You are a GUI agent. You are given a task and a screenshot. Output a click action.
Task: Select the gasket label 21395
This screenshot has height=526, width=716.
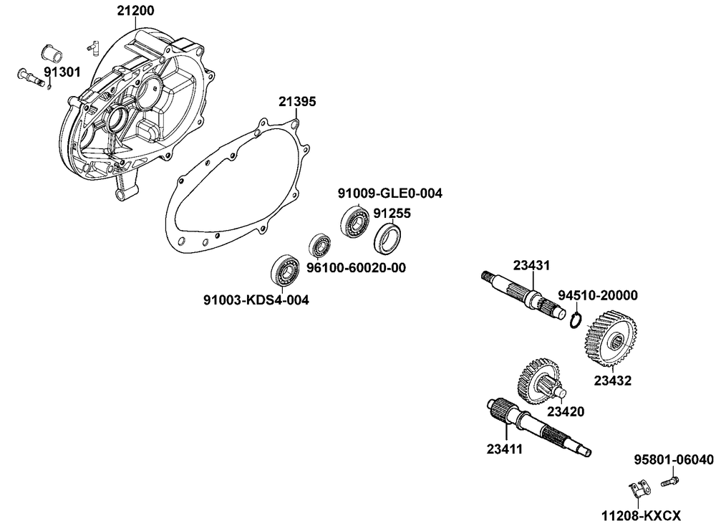[x=296, y=102]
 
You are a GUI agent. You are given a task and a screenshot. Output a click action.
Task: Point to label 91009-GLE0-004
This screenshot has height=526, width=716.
[x=390, y=193]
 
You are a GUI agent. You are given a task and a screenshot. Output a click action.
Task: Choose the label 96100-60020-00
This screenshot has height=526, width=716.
[x=357, y=267]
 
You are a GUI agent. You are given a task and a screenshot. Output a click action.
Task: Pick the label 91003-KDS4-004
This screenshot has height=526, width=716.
[x=256, y=300]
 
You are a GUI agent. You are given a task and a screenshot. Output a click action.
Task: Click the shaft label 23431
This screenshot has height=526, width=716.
[x=531, y=265]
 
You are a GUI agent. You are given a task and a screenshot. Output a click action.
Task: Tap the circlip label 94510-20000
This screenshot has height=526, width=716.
[x=597, y=295]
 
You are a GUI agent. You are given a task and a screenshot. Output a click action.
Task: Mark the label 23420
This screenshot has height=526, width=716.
[x=566, y=412]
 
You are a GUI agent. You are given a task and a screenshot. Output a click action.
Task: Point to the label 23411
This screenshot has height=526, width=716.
[x=505, y=449]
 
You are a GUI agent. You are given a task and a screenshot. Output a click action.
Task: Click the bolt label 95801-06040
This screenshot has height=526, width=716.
[x=674, y=459]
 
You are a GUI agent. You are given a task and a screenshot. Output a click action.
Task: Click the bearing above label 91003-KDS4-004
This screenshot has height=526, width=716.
[x=284, y=269]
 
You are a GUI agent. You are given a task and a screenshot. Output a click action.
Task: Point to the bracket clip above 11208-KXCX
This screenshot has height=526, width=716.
[x=637, y=491]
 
